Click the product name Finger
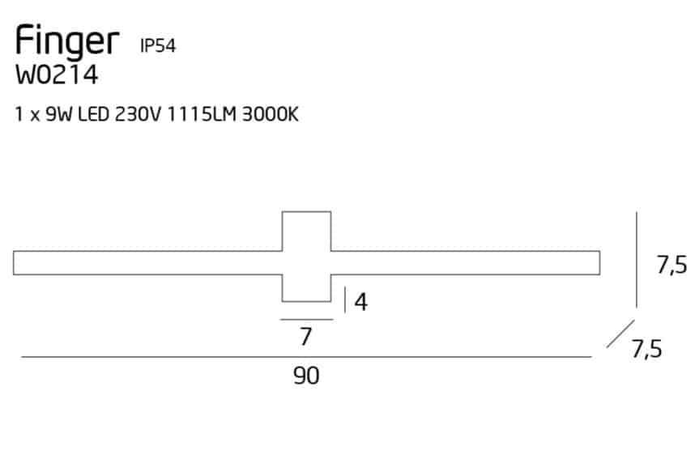click(67, 42)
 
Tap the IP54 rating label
click(158, 45)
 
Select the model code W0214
click(57, 74)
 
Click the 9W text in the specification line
click(58, 114)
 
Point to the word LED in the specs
click(94, 114)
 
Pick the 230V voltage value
click(138, 114)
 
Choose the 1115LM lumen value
click(202, 114)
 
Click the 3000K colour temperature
click(271, 114)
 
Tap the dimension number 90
click(306, 376)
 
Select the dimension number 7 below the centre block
click(305, 337)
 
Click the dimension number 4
click(361, 302)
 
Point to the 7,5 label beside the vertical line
click(671, 266)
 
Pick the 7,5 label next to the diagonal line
click(647, 349)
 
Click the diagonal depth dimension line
click(620, 334)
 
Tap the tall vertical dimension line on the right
click(637, 260)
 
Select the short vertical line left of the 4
click(344, 300)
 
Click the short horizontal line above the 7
click(307, 320)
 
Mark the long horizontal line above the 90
click(306, 357)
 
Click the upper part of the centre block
click(307, 232)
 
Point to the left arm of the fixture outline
click(147, 263)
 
